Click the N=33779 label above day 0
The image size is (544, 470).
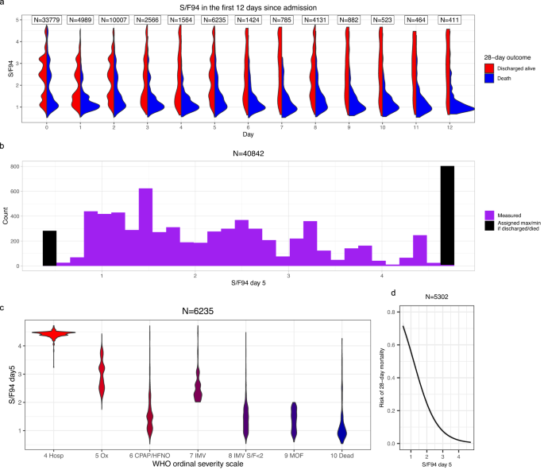[48, 19]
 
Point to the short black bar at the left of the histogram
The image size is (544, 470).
[49, 247]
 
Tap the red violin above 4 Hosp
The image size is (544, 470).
[53, 334]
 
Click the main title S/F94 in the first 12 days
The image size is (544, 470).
[243, 6]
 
